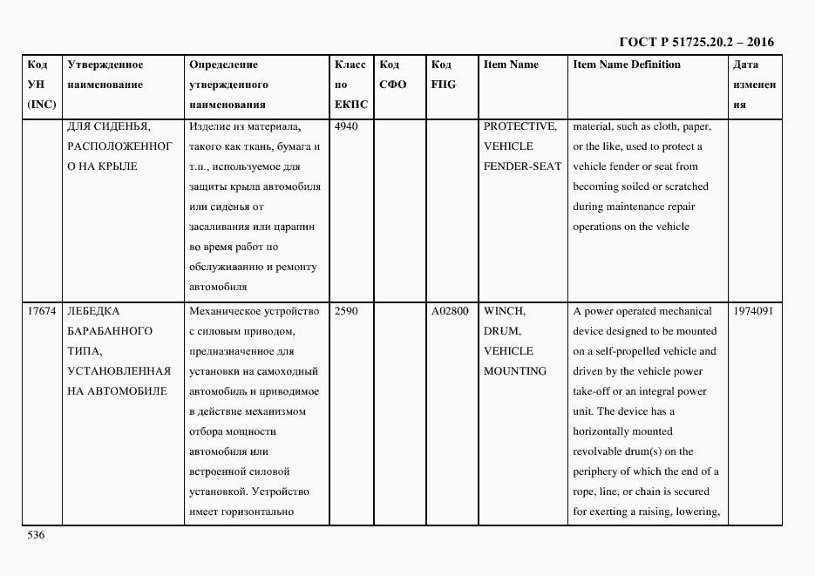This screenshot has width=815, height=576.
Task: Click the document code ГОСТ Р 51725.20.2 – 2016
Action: point(696,42)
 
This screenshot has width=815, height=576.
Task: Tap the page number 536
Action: point(36,535)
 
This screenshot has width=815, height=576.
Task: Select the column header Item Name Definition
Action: point(626,64)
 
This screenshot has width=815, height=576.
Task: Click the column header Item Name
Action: point(511,64)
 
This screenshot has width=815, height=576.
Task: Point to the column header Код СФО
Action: point(393,75)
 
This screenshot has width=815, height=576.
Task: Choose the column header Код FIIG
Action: point(443,75)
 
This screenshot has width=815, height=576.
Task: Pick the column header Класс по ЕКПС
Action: point(350,85)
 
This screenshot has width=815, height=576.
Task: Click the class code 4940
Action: point(346,126)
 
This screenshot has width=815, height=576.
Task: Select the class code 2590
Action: point(346,311)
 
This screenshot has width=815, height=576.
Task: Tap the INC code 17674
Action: point(42,311)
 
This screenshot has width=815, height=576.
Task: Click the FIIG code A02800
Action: point(450,311)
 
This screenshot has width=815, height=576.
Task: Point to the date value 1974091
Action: point(753,311)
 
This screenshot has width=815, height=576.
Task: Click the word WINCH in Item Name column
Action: point(504,311)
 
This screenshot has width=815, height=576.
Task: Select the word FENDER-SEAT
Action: point(522,166)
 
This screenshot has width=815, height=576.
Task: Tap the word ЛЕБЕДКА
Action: point(93,311)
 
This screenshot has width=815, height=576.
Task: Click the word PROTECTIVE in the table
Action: point(520,126)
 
